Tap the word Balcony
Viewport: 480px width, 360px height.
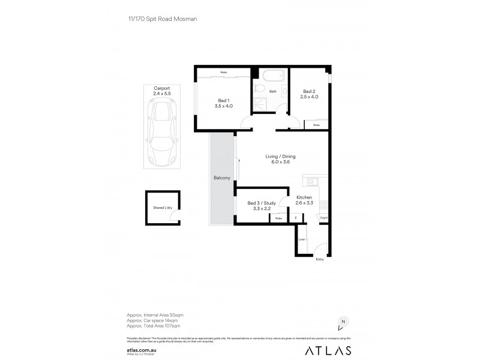point(221,178)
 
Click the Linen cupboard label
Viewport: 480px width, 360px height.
point(302,239)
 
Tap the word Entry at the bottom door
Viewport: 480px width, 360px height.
point(319,259)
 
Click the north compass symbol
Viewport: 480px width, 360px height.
point(343,322)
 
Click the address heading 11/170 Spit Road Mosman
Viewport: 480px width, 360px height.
point(159,19)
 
